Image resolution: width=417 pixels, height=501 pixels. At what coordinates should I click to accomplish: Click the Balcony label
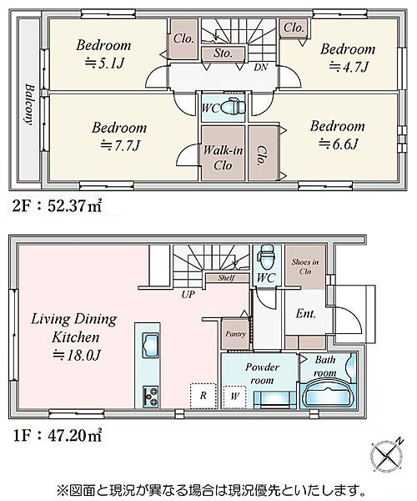(29, 104)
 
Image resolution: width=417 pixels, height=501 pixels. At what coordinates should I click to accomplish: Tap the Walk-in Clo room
(223, 153)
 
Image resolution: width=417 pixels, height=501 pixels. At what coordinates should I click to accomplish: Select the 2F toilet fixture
(234, 106)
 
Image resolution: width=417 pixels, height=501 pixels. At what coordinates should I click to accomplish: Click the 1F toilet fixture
(268, 256)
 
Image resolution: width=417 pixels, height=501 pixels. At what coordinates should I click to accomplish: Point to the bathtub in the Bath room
(328, 393)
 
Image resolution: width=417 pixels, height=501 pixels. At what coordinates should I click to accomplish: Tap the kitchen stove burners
(150, 396)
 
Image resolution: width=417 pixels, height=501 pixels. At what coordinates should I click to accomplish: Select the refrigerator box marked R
(203, 396)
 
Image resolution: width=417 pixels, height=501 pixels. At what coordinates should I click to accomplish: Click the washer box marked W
(234, 397)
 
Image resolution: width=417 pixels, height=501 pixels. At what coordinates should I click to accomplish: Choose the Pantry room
(235, 334)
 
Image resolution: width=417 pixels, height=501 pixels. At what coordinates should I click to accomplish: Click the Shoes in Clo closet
(305, 266)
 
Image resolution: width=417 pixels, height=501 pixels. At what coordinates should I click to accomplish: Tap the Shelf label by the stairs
(227, 278)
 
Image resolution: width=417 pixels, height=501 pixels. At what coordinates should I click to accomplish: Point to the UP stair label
(188, 294)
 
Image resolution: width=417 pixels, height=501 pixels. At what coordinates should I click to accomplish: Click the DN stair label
(261, 67)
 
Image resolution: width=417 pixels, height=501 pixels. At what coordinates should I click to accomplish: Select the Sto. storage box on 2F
(223, 53)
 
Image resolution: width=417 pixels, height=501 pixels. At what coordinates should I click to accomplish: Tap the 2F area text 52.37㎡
(75, 205)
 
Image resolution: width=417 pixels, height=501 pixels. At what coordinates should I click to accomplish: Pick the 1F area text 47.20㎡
(75, 435)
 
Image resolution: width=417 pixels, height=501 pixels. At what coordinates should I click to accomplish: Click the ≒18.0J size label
(77, 356)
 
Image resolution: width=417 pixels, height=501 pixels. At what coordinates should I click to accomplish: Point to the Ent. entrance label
(305, 313)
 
